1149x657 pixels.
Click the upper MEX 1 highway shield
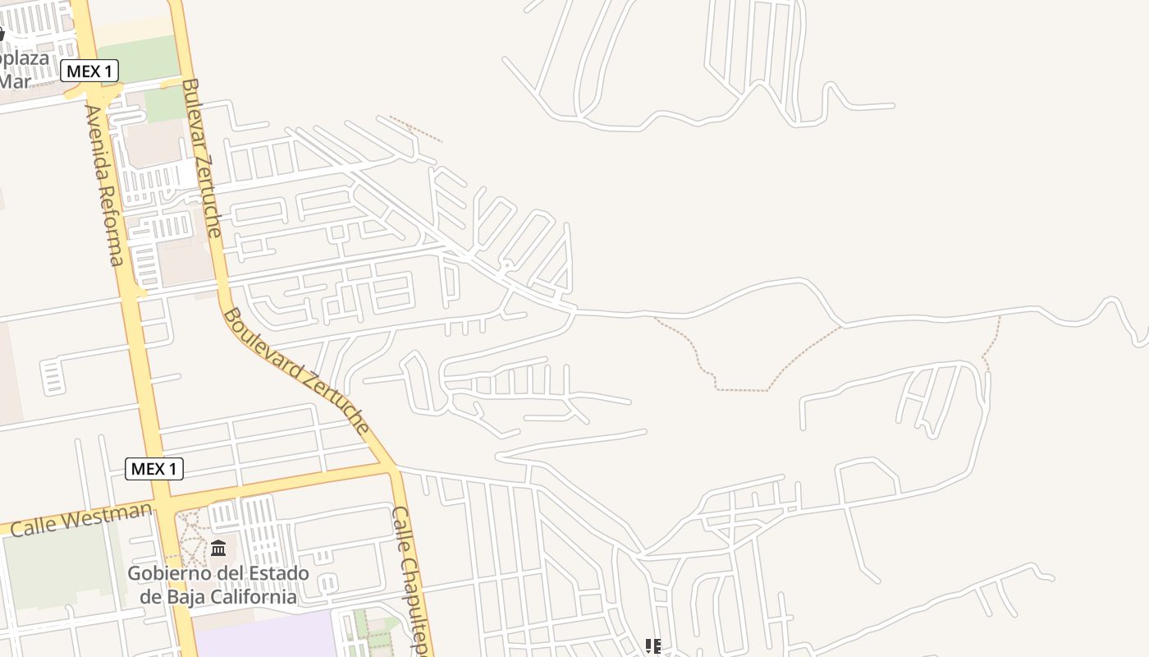(x=89, y=71)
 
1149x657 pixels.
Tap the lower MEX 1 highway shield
(x=154, y=469)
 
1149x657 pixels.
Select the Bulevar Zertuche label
(x=202, y=158)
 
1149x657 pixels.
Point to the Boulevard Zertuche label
(x=296, y=371)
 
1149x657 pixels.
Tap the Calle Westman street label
(x=81, y=520)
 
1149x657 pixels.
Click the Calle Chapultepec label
(x=411, y=579)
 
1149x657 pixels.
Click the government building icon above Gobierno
(x=218, y=548)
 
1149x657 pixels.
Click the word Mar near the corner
(x=15, y=80)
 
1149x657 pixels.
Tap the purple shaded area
(x=263, y=636)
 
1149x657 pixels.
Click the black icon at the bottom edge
(x=652, y=647)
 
